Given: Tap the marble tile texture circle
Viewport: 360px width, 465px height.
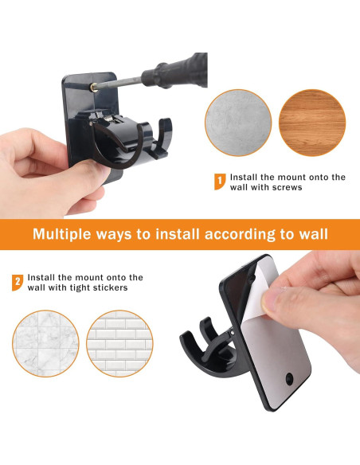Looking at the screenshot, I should [x=45, y=342].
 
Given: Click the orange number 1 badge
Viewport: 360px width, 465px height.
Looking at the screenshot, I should [x=219, y=182].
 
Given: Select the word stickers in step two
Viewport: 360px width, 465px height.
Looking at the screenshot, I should [x=107, y=287].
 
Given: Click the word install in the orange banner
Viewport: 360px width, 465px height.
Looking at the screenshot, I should [x=162, y=235].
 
